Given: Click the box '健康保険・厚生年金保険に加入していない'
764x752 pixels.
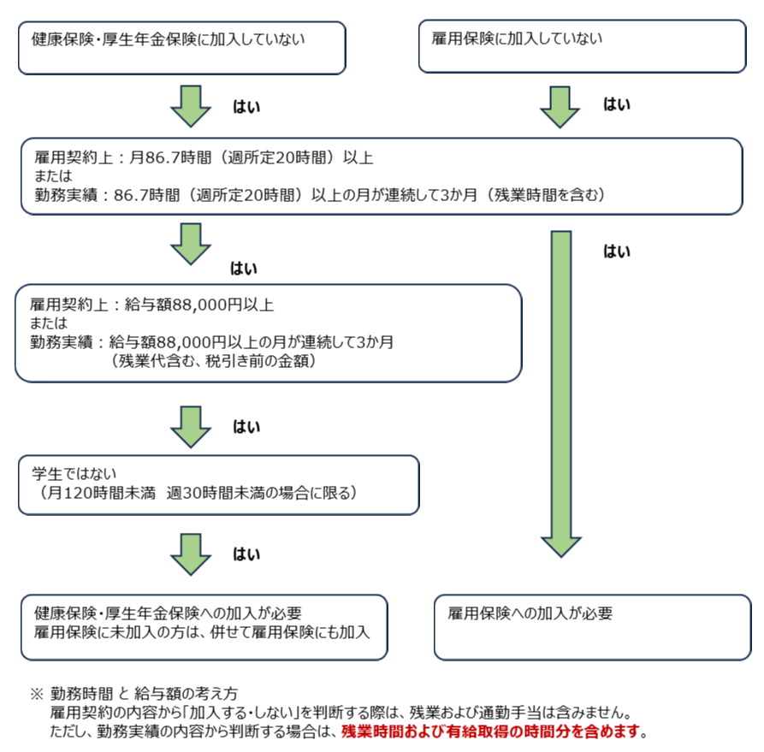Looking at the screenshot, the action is pos(181,48).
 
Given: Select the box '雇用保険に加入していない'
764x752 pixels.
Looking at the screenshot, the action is pos(583,46).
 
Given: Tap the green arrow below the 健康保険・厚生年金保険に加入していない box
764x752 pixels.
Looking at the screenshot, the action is pos(191,106).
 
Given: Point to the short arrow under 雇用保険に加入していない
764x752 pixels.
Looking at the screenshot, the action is pos(560,107).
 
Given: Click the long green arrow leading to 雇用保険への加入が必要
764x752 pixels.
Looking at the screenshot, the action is pos(561,394).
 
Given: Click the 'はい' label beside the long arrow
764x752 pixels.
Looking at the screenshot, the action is pos(617,251).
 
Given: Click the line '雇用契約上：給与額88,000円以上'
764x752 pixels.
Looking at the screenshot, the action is pos(151,305).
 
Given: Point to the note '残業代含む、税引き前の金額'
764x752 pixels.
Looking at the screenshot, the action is pos(213,361).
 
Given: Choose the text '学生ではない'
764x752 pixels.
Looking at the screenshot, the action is pos(74,474).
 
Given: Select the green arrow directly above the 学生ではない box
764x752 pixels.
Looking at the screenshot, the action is pos(191,427).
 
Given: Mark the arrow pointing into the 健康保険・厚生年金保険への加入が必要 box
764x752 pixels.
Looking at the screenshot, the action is pos(191,554).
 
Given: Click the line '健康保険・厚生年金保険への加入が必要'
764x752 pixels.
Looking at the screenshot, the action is pos(168,613).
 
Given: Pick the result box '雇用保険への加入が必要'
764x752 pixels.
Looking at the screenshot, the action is pos(593,627).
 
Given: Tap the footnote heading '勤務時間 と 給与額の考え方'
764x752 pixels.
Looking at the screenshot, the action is pos(144,693).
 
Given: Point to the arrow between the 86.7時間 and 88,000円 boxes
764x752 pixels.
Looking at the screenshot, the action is pos(191,244).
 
